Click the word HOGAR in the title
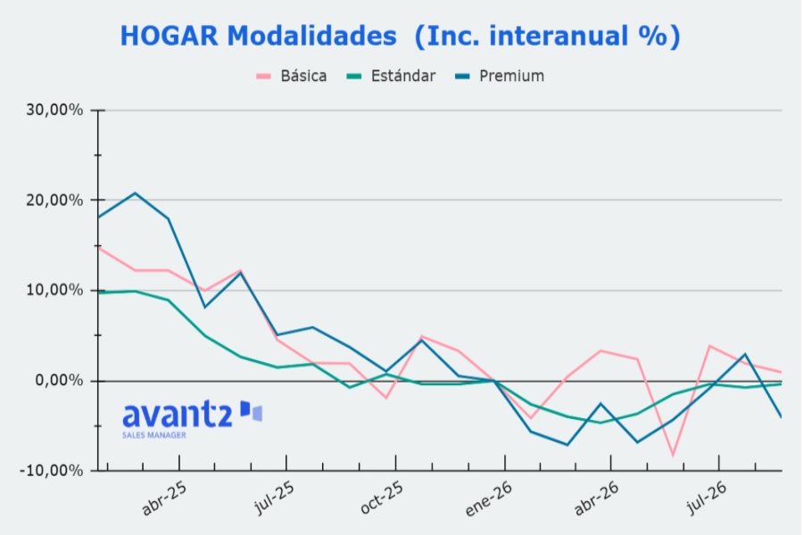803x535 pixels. [170, 37]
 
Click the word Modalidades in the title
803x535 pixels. [312, 36]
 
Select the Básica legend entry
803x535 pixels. [292, 77]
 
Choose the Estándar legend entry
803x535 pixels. [391, 77]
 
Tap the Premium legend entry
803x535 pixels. [500, 77]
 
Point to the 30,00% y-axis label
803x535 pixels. [54, 110]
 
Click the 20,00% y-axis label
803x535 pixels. [54, 200]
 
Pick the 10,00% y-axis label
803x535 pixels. [54, 291]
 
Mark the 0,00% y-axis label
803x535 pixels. [59, 381]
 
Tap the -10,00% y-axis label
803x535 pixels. [51, 471]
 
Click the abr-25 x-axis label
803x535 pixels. [164, 498]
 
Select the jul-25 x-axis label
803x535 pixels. [275, 498]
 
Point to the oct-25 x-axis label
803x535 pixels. [382, 498]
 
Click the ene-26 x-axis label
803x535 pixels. [489, 499]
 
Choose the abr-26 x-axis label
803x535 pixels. [597, 498]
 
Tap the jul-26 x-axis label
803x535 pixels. [707, 498]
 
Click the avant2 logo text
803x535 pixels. [178, 414]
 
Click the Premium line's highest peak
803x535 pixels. [136, 193]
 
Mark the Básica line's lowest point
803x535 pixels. [673, 455]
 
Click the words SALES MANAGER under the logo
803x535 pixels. [154, 435]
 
